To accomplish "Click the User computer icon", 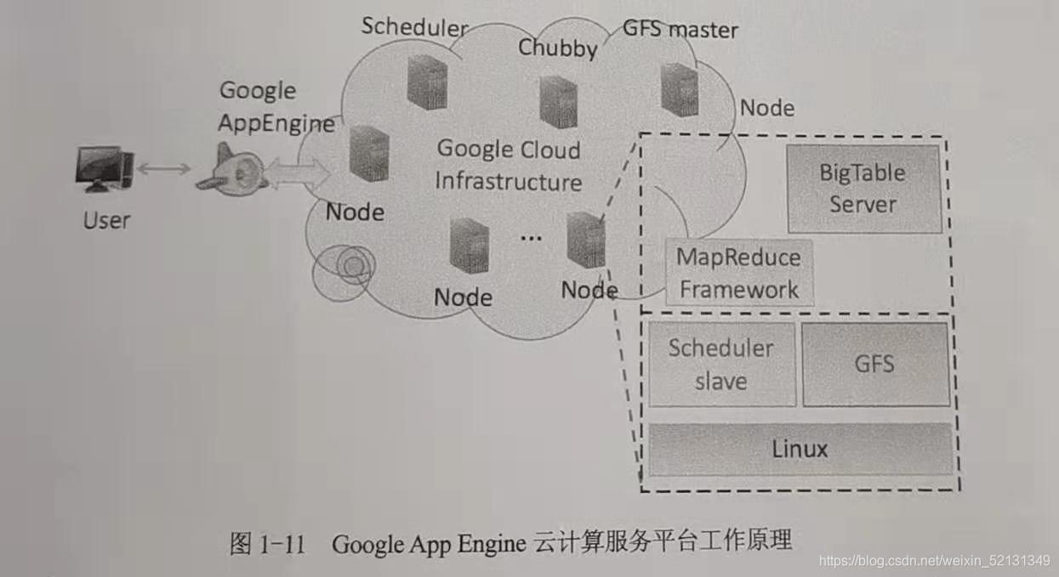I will (x=104, y=169).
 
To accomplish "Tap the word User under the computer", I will (x=106, y=221).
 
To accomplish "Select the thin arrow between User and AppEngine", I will (x=163, y=169).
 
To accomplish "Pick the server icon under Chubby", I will (x=558, y=101).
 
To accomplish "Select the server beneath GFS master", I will (x=680, y=89).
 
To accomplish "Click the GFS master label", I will (x=680, y=30).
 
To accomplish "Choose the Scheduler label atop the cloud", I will (x=414, y=26).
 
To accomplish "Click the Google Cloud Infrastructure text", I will (x=509, y=166).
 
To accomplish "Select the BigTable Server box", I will (x=863, y=189).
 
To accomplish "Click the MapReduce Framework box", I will (x=738, y=274).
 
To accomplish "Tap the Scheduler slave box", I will (x=721, y=365).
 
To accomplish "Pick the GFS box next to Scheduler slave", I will (x=875, y=365).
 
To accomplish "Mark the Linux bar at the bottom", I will (x=800, y=449).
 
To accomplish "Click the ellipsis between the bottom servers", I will (x=531, y=238).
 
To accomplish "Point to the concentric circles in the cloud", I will (x=349, y=267).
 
